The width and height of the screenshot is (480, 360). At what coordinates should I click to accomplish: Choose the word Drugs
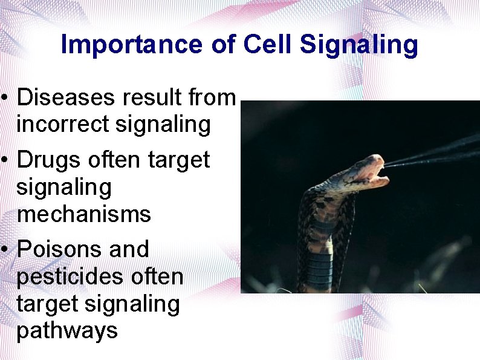48,160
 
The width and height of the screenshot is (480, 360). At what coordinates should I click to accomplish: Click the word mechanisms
83,214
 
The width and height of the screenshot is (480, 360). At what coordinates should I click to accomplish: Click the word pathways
67,330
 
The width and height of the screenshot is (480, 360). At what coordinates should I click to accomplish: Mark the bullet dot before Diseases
4,97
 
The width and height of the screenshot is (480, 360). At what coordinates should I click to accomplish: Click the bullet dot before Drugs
4,160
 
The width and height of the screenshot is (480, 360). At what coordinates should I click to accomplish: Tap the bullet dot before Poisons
4,249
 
